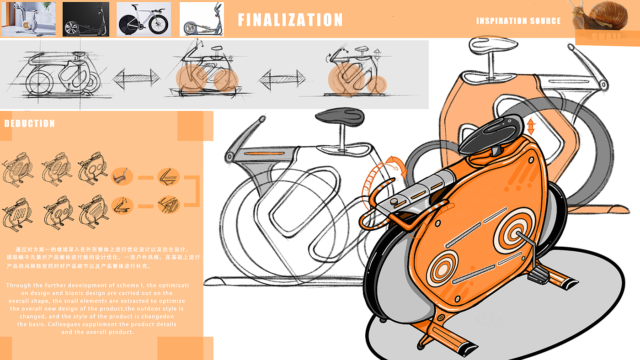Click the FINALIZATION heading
[x=290, y=20]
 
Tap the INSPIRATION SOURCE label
[x=518, y=21]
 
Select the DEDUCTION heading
[x=29, y=124]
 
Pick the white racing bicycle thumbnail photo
[x=144, y=19]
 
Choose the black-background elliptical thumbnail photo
[x=85, y=19]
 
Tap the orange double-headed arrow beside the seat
[x=530, y=126]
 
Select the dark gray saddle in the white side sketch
[x=339, y=116]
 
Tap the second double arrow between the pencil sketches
[x=282, y=79]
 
